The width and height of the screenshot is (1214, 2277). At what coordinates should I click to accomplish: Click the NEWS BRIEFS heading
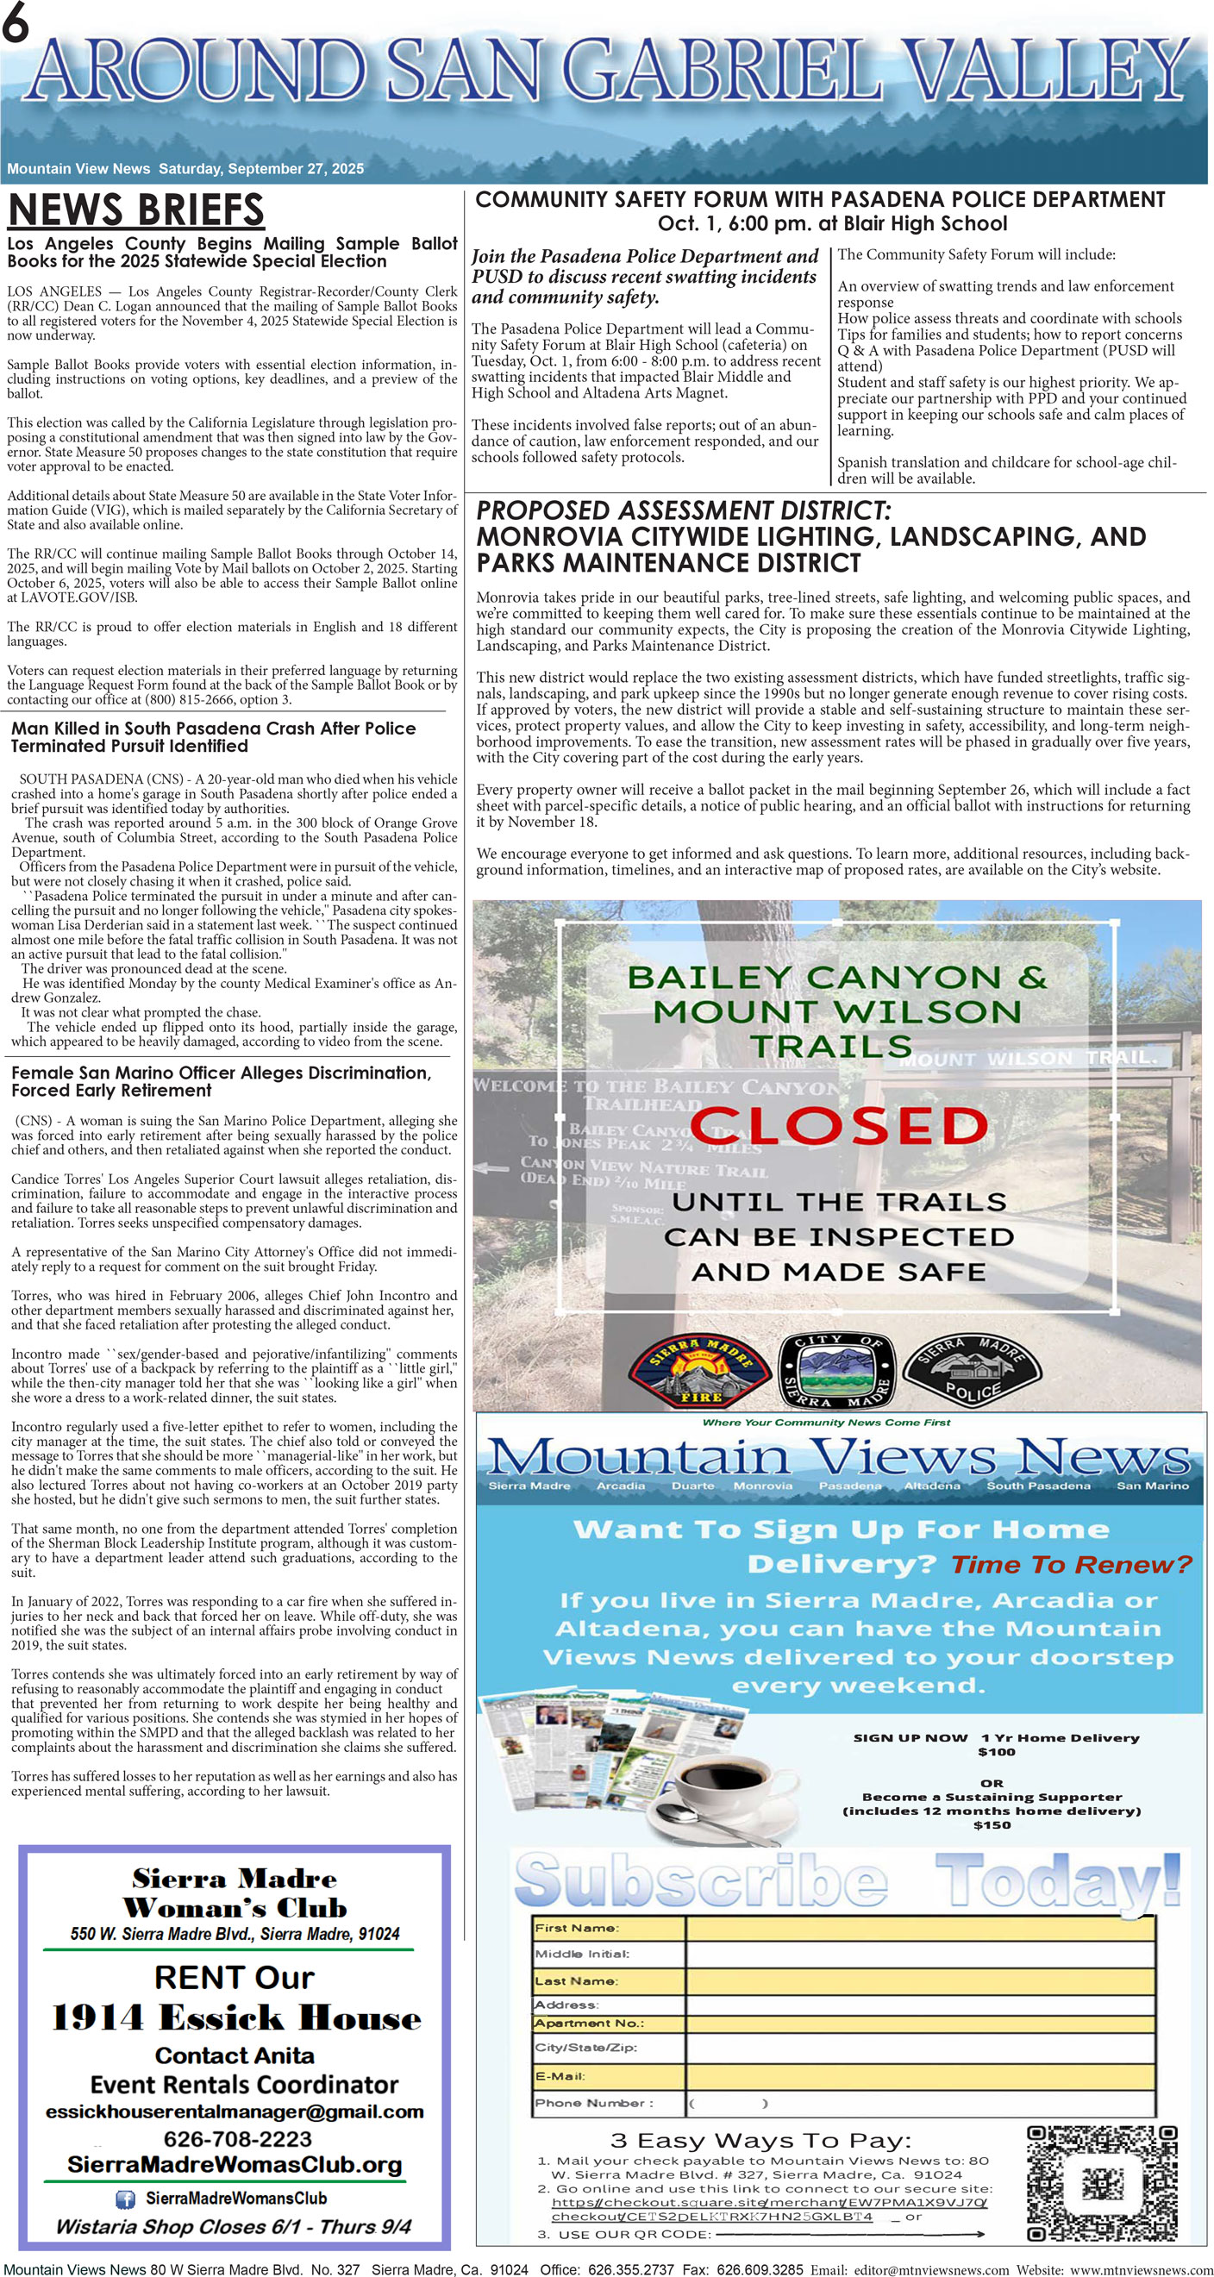pyautogui.click(x=136, y=210)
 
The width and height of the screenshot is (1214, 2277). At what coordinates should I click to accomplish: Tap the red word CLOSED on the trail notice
pyautogui.click(x=838, y=1126)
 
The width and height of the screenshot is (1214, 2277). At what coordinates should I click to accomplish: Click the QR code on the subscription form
pyautogui.click(x=1102, y=2183)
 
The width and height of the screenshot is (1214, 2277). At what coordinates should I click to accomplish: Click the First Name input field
pyautogui.click(x=920, y=1928)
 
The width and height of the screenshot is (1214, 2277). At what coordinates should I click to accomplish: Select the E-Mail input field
pyautogui.click(x=920, y=2076)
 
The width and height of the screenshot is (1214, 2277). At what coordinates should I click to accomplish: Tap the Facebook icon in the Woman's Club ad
pyautogui.click(x=126, y=2199)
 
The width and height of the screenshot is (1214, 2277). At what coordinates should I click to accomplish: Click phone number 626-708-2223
pyautogui.click(x=237, y=2139)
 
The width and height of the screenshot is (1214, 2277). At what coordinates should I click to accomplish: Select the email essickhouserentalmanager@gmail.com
pyautogui.click(x=235, y=2111)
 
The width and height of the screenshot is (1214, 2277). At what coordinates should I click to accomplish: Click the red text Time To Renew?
pyautogui.click(x=1071, y=1566)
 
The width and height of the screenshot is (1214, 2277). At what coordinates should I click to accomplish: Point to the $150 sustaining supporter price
pyautogui.click(x=992, y=1824)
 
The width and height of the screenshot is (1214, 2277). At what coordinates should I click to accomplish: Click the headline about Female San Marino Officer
pyautogui.click(x=221, y=1081)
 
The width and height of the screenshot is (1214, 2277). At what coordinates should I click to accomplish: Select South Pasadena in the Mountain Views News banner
pyautogui.click(x=1038, y=1486)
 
